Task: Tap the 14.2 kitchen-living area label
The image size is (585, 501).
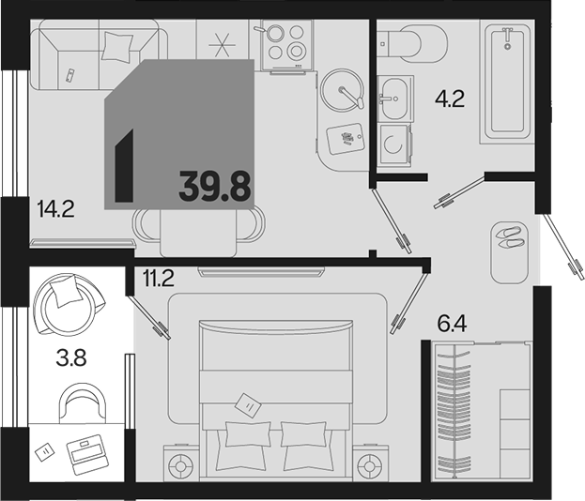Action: click(x=56, y=208)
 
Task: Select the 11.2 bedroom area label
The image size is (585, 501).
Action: click(x=158, y=278)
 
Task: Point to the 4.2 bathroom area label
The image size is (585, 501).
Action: click(x=450, y=99)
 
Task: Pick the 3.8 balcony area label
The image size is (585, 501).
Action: click(x=70, y=357)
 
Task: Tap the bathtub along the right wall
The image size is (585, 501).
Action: click(x=507, y=82)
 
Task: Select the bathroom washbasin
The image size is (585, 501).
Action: click(x=394, y=99)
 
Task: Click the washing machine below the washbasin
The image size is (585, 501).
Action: click(x=393, y=144)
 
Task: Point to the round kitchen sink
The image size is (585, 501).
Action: click(x=342, y=90)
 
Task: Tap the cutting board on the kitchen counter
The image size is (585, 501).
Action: click(x=346, y=138)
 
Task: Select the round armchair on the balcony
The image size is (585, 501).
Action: click(x=69, y=305)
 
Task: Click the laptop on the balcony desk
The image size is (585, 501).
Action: click(x=87, y=454)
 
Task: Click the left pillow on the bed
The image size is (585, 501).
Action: click(x=248, y=433)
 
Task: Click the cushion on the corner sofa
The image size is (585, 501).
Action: click(x=116, y=46)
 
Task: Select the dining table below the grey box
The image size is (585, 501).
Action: click(x=198, y=233)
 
